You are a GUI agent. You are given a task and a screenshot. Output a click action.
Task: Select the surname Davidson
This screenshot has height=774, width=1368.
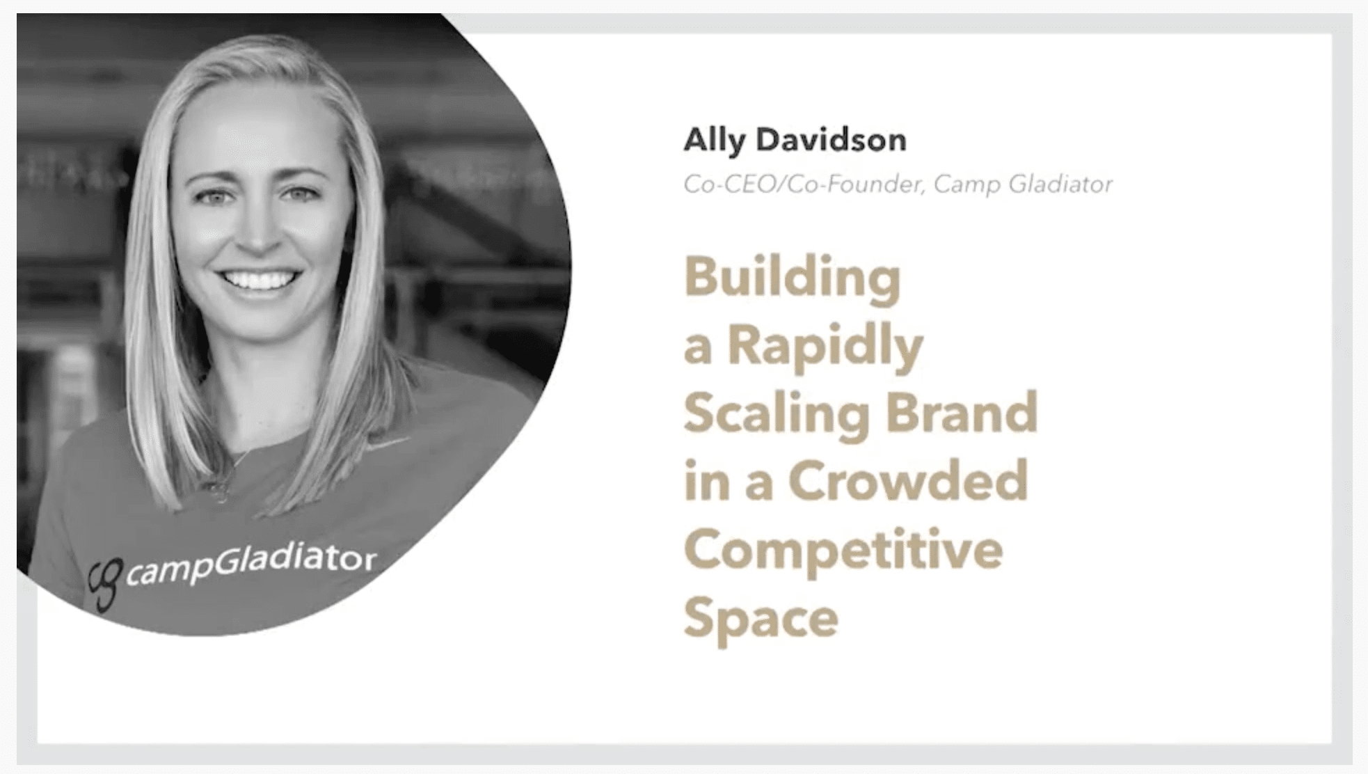(x=832, y=140)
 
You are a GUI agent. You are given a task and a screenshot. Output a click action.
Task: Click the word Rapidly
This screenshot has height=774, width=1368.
(x=825, y=346)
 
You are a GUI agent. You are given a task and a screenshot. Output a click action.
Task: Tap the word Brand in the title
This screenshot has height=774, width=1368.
(x=961, y=412)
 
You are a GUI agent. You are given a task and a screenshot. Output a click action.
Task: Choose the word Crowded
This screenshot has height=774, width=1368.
(x=908, y=480)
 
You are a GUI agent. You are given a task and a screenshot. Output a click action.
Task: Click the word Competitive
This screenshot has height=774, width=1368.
(x=843, y=550)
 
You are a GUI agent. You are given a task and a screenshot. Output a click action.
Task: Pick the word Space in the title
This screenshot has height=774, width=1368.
(x=761, y=618)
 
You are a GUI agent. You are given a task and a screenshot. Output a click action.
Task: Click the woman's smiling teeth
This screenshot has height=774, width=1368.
(x=258, y=281)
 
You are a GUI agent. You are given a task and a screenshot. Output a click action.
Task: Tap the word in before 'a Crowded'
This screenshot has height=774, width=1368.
(x=707, y=481)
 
